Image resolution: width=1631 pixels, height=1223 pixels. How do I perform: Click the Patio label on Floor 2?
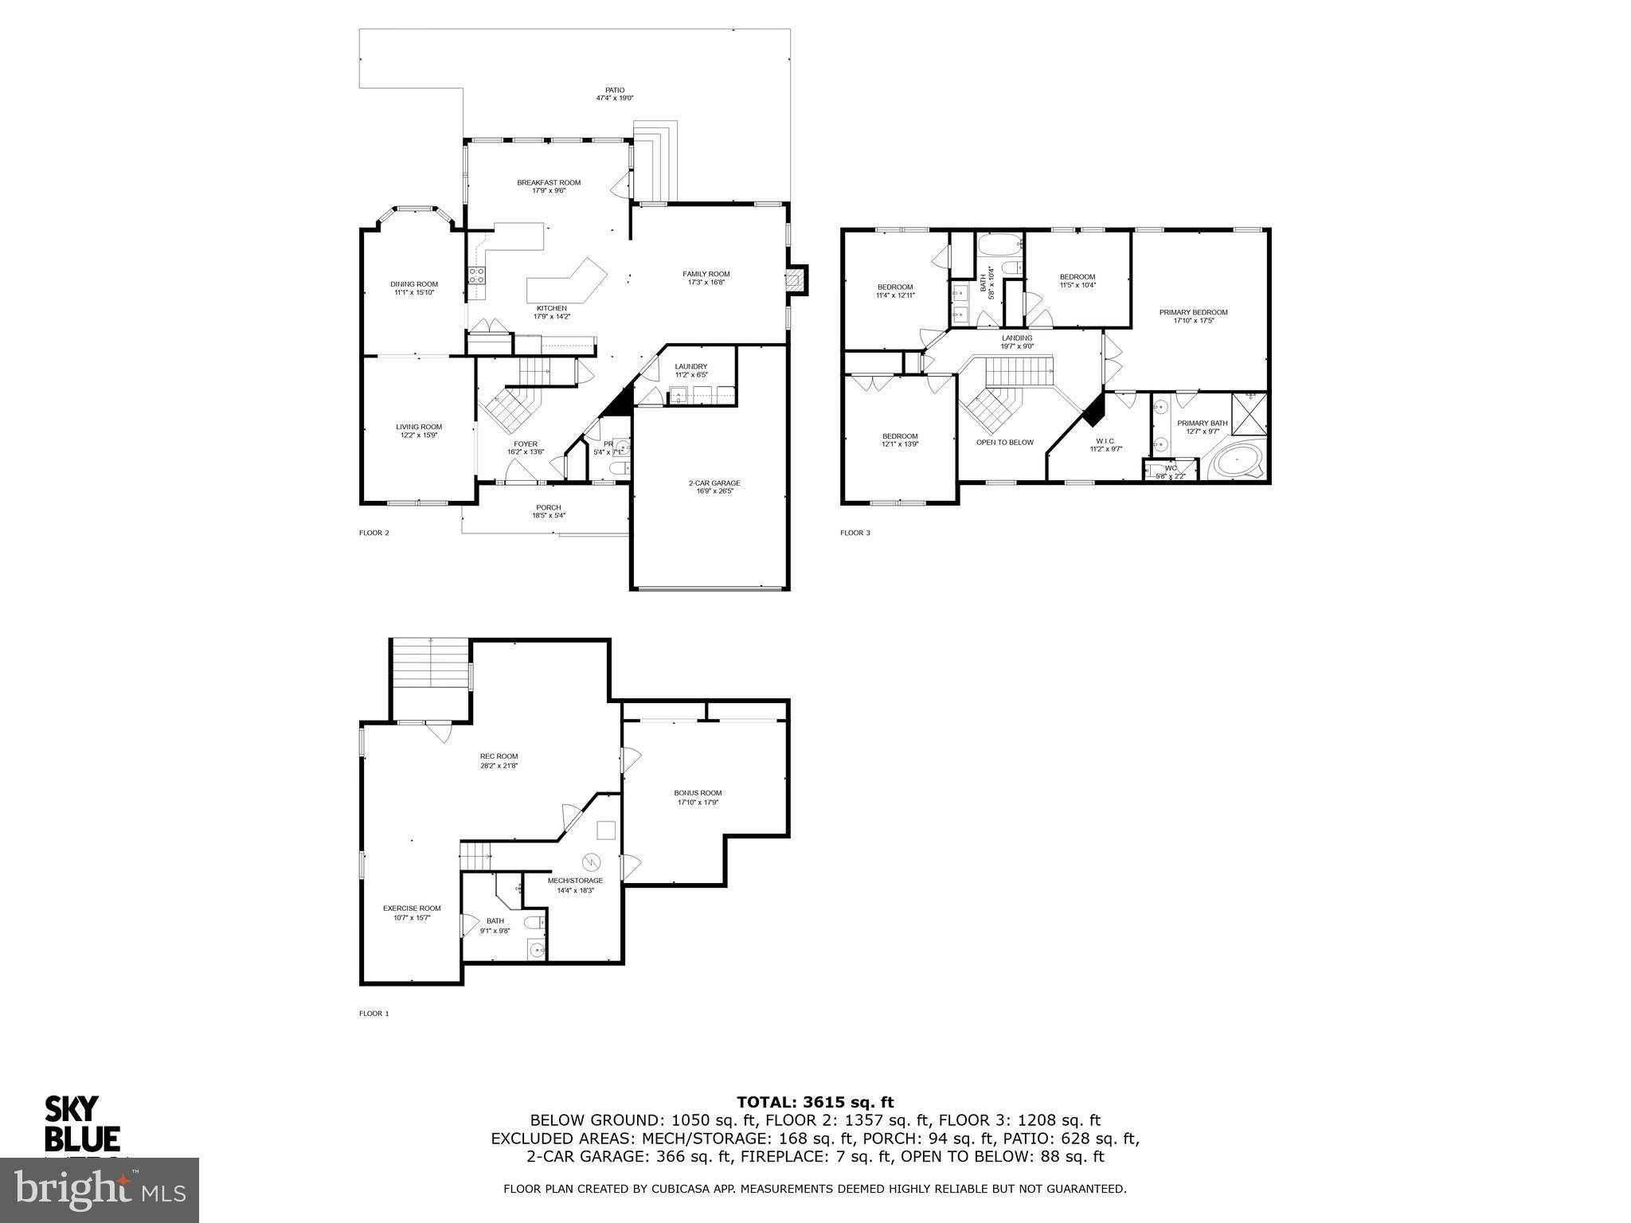614,90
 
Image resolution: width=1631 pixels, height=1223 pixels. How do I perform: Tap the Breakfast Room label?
549,182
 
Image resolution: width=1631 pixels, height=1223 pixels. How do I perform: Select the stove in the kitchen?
477,275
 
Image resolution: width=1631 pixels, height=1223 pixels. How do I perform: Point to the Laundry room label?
690,366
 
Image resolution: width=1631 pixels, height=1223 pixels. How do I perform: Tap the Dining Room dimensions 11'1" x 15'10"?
414,292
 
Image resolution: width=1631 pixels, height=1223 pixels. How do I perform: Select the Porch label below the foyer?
548,507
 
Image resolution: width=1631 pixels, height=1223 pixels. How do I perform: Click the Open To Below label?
1004,442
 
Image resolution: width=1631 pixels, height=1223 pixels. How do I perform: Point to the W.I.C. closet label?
1105,440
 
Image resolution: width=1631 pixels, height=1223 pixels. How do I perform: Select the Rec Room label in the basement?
499,756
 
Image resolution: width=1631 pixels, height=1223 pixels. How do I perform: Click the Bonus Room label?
698,792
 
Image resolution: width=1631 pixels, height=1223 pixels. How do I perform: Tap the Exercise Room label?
412,908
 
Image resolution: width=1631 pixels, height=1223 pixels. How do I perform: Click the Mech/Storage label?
575,881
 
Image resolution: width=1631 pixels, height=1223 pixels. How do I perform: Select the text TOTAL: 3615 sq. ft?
815,1102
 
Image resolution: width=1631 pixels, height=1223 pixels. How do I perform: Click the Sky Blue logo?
81,1123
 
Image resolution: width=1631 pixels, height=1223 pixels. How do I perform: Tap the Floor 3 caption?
855,533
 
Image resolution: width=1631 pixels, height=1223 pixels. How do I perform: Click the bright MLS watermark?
100,1190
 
